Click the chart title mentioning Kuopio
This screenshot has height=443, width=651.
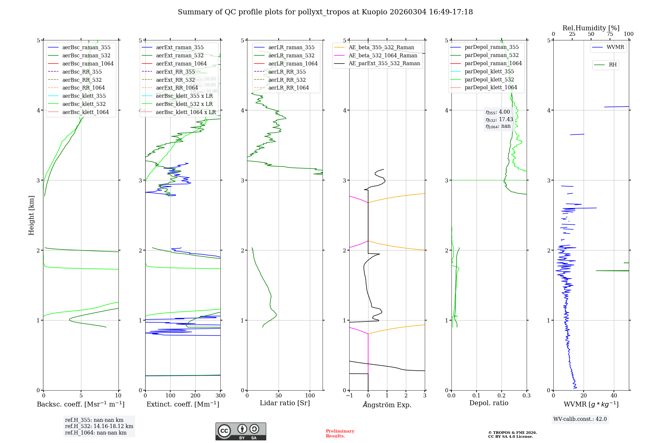[325, 12]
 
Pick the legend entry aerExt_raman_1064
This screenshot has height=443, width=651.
[181, 64]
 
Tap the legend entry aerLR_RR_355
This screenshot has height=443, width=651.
[287, 72]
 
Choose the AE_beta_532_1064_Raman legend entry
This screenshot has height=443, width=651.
[383, 55]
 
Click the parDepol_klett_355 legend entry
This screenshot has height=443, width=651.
[489, 71]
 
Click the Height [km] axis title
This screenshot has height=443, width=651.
[31, 215]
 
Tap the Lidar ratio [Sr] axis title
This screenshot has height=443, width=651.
[285, 403]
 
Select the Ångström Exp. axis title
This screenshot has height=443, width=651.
[387, 405]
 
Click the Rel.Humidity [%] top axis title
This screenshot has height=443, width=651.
[591, 28]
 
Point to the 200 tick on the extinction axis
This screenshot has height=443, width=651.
[195, 395]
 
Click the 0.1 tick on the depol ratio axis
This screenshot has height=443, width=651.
[477, 395]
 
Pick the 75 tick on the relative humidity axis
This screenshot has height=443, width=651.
[610, 34]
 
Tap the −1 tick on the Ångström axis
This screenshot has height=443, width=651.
[349, 395]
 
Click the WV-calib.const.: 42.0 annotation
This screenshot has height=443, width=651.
[580, 419]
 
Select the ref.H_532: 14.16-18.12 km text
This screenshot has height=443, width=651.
[99, 426]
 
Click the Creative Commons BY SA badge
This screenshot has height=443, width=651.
[241, 432]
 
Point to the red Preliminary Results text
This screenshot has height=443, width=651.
[340, 434]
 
